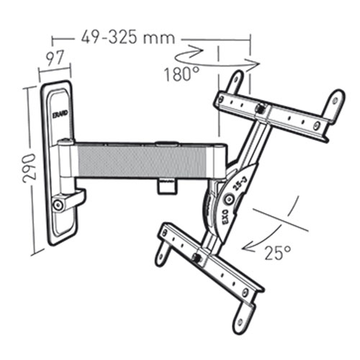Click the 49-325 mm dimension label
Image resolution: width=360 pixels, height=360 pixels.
(128, 38)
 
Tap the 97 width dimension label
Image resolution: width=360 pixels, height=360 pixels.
(55, 58)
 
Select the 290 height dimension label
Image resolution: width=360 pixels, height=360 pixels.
(30, 168)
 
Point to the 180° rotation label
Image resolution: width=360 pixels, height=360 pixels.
(181, 73)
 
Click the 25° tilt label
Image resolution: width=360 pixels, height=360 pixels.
(278, 253)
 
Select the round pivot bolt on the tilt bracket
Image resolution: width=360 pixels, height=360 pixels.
(228, 199)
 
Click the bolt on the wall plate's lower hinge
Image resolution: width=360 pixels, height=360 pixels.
(58, 204)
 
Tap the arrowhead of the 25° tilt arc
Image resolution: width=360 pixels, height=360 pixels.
(248, 248)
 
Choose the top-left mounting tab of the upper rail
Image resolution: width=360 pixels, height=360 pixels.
(235, 81)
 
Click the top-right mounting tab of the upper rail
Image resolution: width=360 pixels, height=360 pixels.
(335, 103)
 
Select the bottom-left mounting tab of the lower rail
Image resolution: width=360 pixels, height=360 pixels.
(162, 256)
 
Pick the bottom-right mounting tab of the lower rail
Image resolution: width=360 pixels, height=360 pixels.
(243, 318)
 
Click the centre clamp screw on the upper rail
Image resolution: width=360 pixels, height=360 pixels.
(261, 108)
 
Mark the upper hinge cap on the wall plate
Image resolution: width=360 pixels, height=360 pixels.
(66, 142)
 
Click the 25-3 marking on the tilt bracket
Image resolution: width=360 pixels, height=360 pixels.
(238, 184)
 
